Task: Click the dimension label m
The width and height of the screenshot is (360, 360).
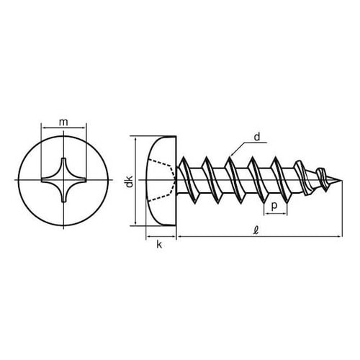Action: pos(63,122)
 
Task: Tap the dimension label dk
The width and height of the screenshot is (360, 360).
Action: pos(130,181)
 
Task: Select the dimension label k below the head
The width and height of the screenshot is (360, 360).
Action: pos(159,245)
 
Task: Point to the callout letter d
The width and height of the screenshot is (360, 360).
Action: pos(257,137)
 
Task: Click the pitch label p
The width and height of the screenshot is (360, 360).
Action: pos(274,206)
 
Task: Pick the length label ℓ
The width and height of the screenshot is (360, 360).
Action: pos(256,231)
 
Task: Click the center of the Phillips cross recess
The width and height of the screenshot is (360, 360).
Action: pos(63,180)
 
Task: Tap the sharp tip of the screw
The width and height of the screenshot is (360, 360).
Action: pos(341,180)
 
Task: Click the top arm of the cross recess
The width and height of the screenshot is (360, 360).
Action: pos(63,166)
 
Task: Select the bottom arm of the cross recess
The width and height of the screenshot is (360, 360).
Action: pos(63,193)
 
